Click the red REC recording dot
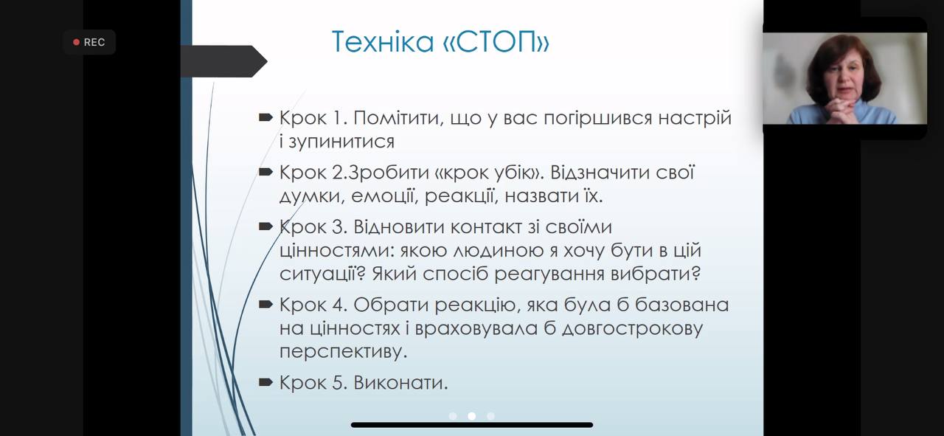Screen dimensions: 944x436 tap(76, 42)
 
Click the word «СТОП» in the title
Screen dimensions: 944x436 tap(496, 41)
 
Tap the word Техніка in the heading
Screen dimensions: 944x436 tap(383, 41)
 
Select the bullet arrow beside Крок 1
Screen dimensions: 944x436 tap(265, 117)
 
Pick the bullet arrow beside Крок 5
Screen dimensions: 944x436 tap(265, 382)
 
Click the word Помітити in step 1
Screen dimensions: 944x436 tap(399, 118)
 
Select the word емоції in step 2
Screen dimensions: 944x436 tap(383, 195)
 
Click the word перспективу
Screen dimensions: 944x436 tap(344, 352)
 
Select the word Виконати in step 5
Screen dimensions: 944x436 tap(400, 383)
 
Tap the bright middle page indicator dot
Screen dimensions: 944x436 tap(471, 416)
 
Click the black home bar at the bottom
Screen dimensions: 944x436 tap(472, 425)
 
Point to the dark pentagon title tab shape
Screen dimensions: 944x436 tap(223, 61)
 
